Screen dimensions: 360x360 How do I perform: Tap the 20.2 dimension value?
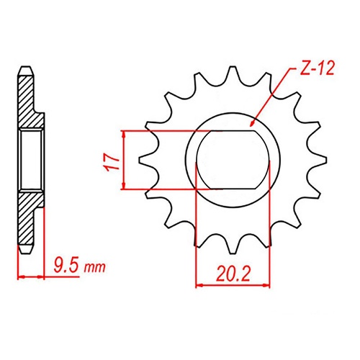[x=225, y=273]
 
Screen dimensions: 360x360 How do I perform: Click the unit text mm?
[x=94, y=269]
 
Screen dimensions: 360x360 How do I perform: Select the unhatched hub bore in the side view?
[x=32, y=160]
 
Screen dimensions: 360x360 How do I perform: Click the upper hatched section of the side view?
[x=27, y=101]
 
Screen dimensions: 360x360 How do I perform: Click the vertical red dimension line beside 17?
[x=125, y=160]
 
